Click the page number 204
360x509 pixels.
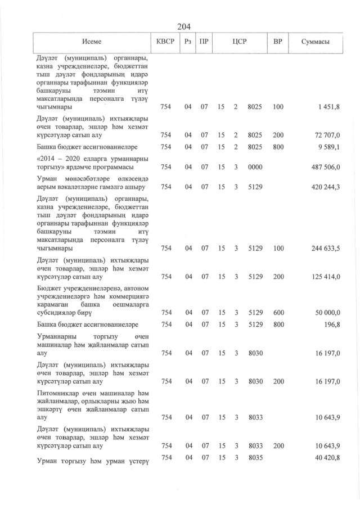(184, 26)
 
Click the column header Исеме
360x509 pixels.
(92, 42)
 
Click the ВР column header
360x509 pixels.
(277, 42)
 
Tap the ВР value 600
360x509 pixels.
(278, 313)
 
